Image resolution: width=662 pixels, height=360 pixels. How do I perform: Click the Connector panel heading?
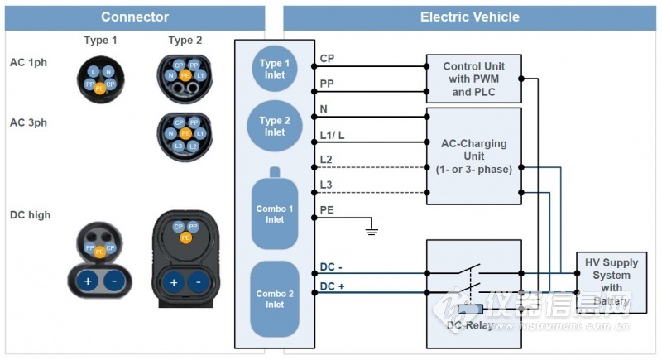point(135,17)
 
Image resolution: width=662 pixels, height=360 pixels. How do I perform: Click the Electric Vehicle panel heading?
point(469,17)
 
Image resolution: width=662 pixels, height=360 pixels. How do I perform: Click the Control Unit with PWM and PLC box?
point(473,79)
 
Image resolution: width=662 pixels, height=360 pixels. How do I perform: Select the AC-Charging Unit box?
point(473,156)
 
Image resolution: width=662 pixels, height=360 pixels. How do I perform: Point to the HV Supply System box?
point(612,281)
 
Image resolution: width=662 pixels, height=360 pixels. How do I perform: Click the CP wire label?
point(327,59)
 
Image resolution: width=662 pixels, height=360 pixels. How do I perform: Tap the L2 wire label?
point(326,158)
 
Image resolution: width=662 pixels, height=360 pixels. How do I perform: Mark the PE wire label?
point(327,211)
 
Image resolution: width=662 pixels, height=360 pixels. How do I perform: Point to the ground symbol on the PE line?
point(371,225)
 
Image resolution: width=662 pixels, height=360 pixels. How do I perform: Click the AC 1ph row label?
point(30,62)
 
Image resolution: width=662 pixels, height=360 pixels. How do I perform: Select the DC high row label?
point(30,214)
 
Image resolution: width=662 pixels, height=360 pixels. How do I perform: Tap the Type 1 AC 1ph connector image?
point(100,77)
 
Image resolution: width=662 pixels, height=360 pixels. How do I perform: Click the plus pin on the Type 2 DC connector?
point(174,282)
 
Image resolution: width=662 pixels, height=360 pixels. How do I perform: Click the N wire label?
point(324,109)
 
